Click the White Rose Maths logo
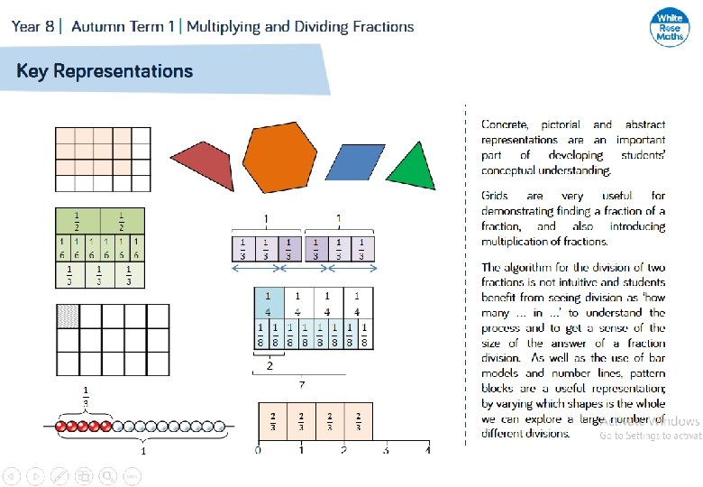[x=668, y=25]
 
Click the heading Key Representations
[x=105, y=70]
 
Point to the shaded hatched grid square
[x=68, y=316]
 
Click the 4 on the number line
[x=428, y=449]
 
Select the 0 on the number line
[x=258, y=449]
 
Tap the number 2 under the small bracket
[x=268, y=368]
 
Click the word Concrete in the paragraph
[x=505, y=124]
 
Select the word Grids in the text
[x=495, y=196]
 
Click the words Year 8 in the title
[x=32, y=26]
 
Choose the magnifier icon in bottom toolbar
[x=107, y=474]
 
